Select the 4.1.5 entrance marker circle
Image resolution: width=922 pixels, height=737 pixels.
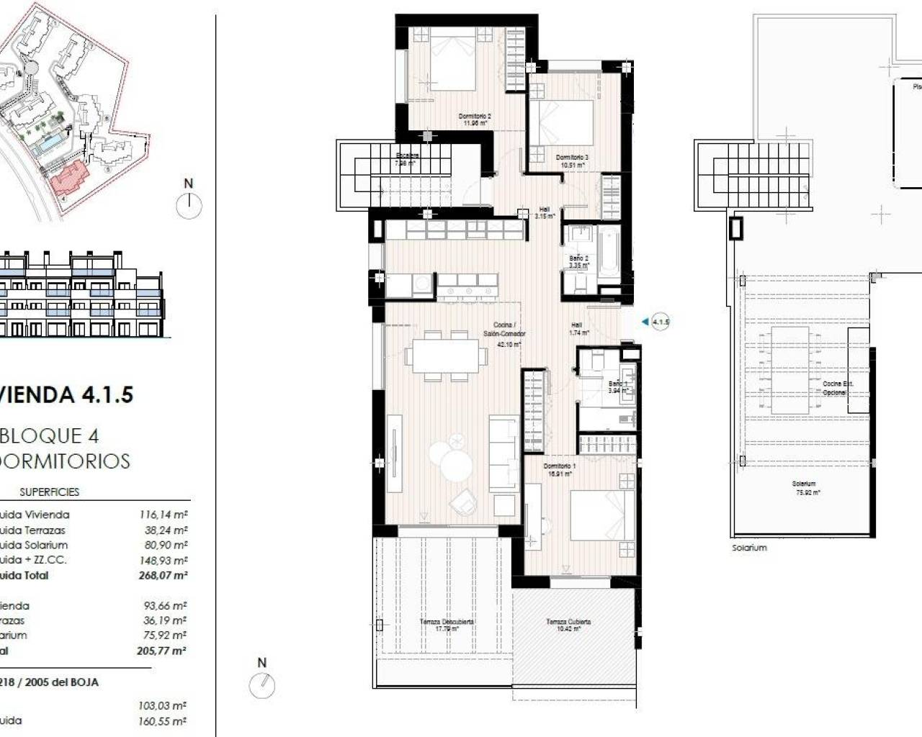coord(661,322)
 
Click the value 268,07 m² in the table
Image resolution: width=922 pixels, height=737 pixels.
coord(163,576)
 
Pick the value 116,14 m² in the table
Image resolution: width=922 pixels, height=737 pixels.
coord(163,515)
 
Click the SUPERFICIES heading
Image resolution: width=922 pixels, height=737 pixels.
coord(49,492)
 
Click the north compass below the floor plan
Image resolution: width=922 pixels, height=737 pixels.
coord(262,684)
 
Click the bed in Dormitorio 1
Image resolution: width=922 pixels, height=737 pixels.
coord(602,515)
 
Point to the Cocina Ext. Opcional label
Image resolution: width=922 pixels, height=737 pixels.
coord(838,388)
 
